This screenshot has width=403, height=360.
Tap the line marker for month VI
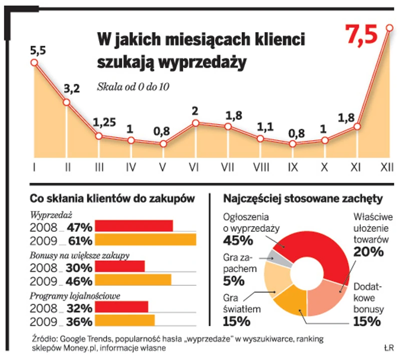coord(196,123)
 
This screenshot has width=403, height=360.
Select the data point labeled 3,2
coord(67,102)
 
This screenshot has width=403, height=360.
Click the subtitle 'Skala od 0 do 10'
coord(133,87)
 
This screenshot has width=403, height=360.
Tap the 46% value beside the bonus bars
coord(80,280)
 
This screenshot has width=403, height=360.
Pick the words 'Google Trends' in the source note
coord(82,339)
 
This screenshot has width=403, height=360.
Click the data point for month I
coord(34,62)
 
